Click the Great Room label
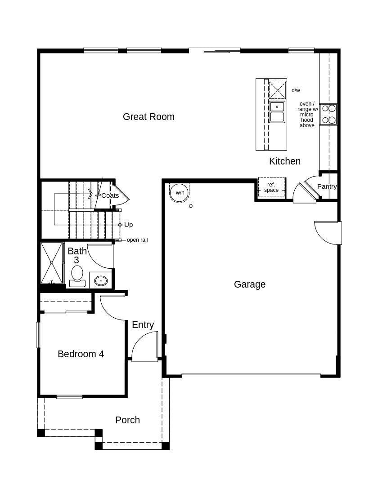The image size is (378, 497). (148, 117)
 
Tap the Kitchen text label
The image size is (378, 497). (285, 161)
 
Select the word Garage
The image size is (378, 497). (250, 284)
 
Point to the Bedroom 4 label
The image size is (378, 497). (81, 354)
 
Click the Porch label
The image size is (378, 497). (127, 420)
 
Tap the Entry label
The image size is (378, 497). (143, 325)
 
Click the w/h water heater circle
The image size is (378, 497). (180, 193)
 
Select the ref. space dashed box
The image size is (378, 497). (271, 187)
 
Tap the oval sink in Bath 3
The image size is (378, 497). (101, 281)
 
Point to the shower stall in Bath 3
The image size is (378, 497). (52, 263)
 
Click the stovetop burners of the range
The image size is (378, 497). (328, 114)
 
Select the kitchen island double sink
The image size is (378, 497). (277, 112)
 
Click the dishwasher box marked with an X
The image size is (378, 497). (277, 90)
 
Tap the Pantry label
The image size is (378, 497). (327, 186)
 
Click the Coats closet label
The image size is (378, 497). (110, 195)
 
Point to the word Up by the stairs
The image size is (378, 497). (128, 225)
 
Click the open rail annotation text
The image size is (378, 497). (137, 240)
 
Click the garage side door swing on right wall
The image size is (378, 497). (328, 233)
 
